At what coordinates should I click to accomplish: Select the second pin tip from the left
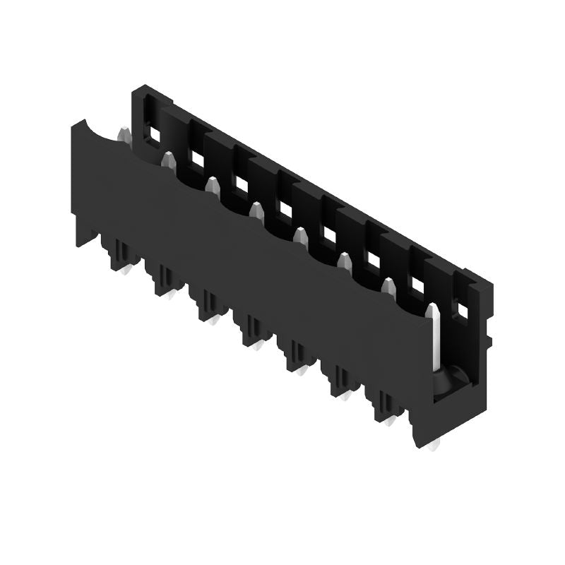click(168, 159)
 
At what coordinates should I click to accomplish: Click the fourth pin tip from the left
click(256, 210)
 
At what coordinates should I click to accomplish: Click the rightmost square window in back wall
click(461, 309)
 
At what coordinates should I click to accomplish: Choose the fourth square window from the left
click(285, 208)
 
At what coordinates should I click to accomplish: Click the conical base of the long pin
click(444, 381)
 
